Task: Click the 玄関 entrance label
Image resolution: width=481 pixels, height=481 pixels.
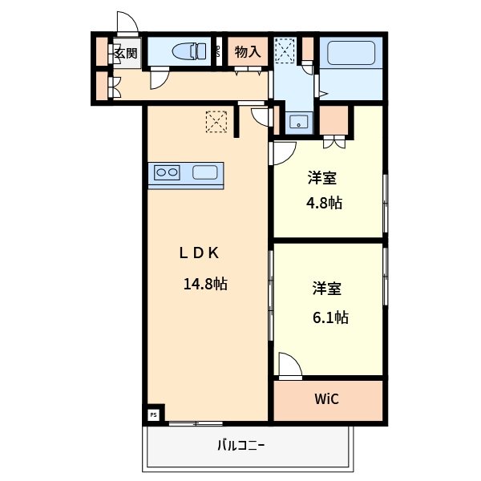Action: click(x=125, y=54)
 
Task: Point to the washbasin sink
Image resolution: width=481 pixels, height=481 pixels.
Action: click(x=299, y=123)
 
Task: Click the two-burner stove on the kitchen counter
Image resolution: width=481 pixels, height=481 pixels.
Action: click(x=167, y=172)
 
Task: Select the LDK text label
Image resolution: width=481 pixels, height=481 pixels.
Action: click(x=199, y=253)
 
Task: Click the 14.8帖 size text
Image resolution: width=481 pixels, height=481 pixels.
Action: click(x=205, y=283)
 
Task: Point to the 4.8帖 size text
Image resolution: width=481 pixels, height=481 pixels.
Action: click(x=325, y=203)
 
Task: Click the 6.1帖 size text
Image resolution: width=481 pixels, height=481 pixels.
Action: click(x=329, y=317)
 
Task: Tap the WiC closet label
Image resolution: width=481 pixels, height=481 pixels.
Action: click(x=327, y=398)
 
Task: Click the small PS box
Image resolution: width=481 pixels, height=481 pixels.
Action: click(x=154, y=414)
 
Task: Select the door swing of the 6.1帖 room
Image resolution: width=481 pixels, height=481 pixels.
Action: click(x=289, y=365)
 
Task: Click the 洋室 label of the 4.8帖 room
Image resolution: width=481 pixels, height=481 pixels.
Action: click(x=325, y=177)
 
